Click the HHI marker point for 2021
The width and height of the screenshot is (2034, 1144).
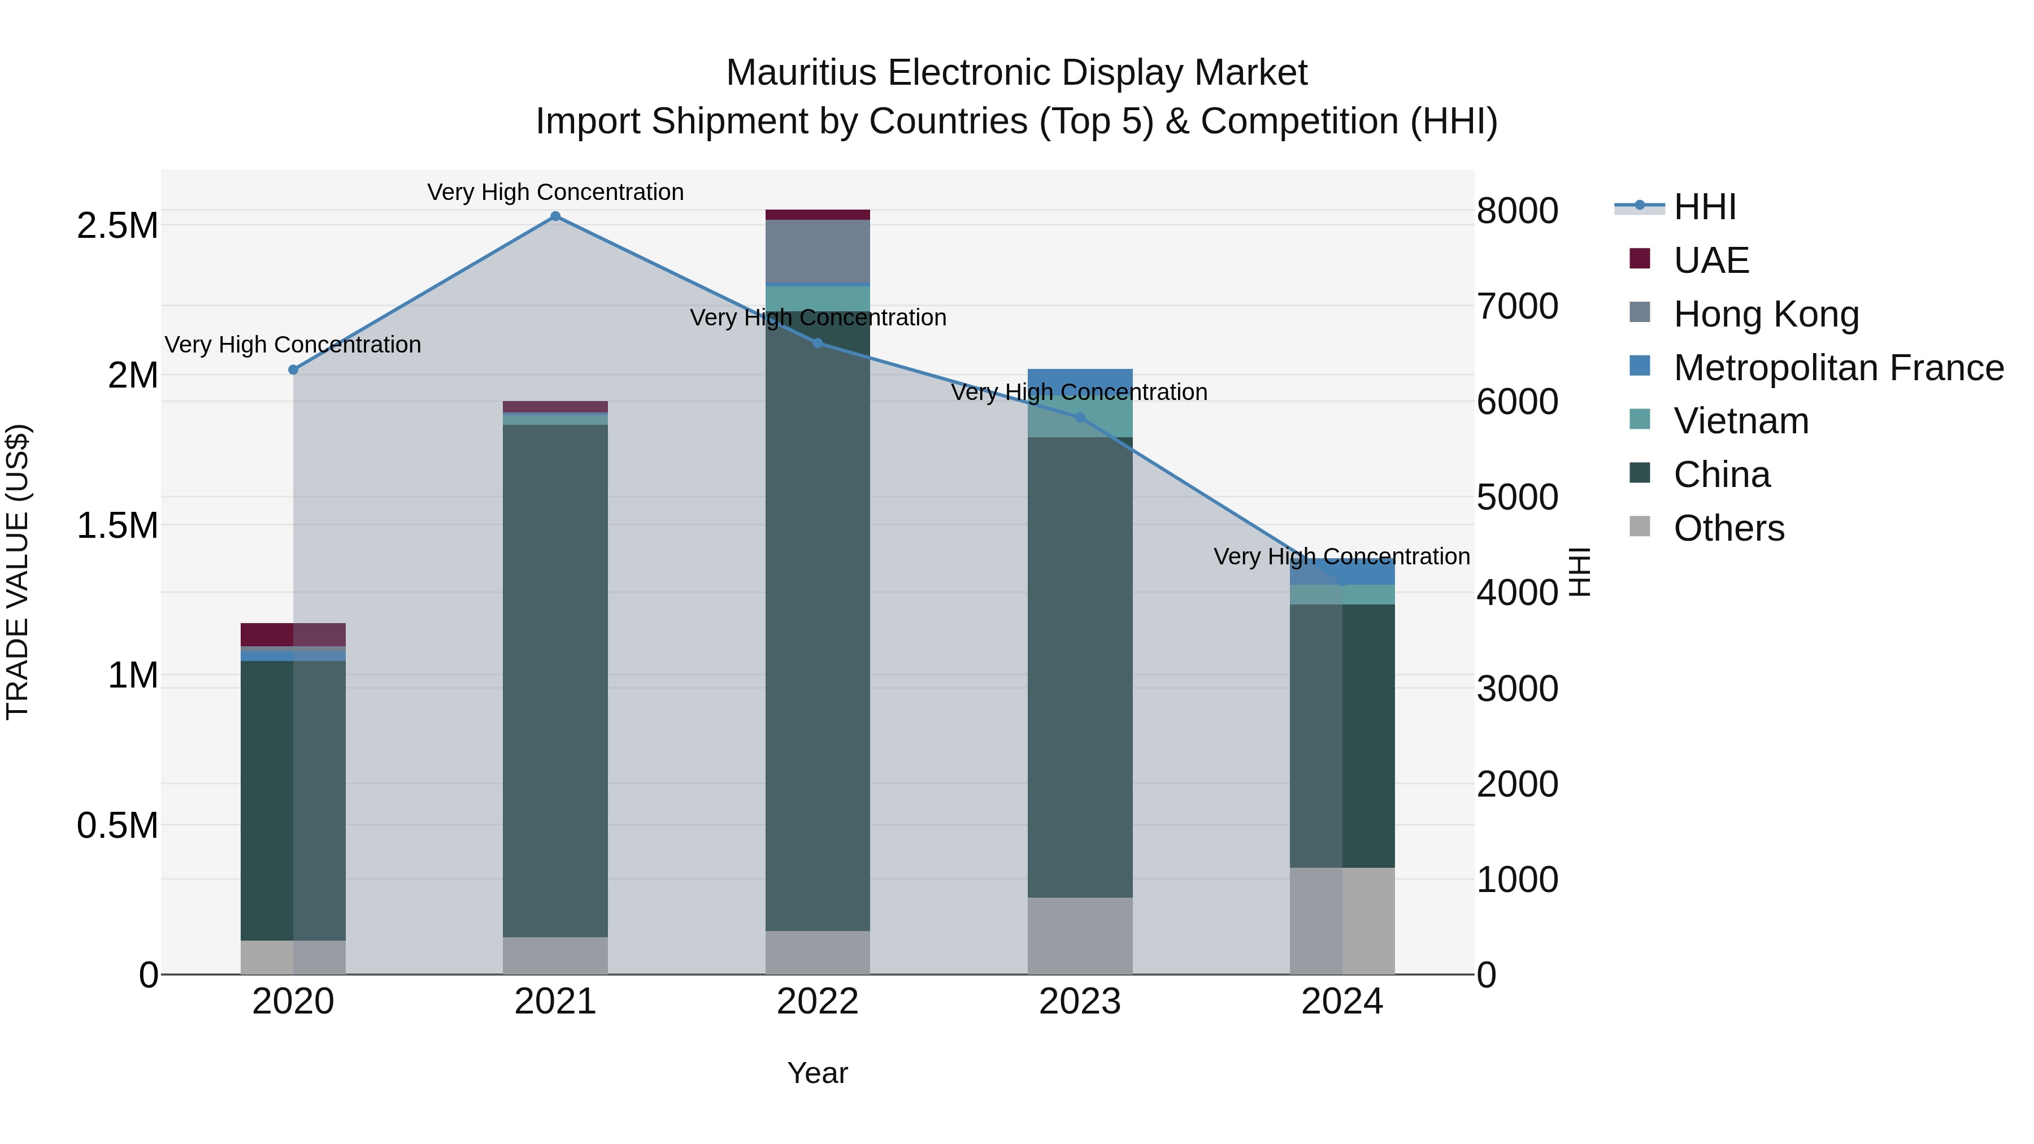click(555, 216)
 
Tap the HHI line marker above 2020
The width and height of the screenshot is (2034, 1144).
click(293, 369)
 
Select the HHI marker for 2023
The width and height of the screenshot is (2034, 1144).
click(1080, 417)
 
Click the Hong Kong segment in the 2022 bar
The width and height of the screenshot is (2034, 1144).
click(817, 251)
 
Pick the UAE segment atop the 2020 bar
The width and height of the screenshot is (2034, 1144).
click(293, 635)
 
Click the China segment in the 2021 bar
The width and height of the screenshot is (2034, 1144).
click(555, 679)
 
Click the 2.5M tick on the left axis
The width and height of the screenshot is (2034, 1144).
click(118, 226)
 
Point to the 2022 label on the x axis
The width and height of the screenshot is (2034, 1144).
click(817, 1002)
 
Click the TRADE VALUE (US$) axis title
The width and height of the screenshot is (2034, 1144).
click(18, 572)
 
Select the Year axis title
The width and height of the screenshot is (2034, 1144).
click(817, 1073)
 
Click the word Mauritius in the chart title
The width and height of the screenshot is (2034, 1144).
click(801, 73)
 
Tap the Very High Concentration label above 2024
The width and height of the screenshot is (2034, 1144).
click(1341, 556)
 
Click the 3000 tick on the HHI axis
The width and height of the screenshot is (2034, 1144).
click(1517, 689)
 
